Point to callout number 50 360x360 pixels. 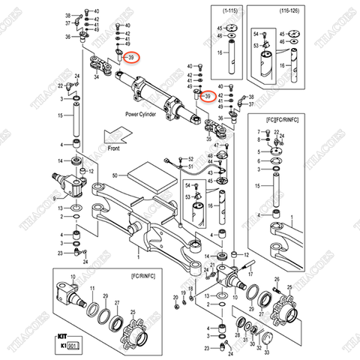coord(115,175)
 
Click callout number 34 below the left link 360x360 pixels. coord(96,76)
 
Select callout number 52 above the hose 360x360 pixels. coord(190,158)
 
